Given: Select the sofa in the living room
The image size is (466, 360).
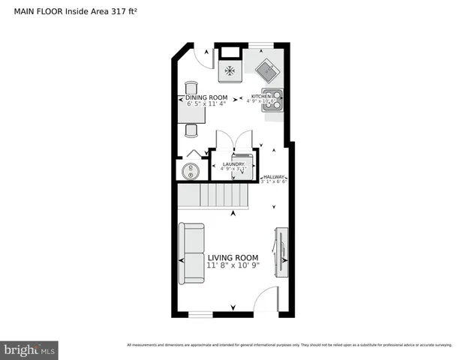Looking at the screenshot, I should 191,253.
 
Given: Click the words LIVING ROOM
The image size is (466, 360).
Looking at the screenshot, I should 233,257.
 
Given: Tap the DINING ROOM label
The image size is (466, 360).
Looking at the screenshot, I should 206,97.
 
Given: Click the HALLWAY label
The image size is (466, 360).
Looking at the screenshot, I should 274,177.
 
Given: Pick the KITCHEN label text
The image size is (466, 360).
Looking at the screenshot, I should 262,97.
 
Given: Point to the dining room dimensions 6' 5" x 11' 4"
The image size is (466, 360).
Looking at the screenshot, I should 206,104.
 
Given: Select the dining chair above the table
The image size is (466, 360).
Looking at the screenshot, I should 190,85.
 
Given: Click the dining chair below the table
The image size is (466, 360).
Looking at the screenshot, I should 191,129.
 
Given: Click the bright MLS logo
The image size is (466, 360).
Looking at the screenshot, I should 30,349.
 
